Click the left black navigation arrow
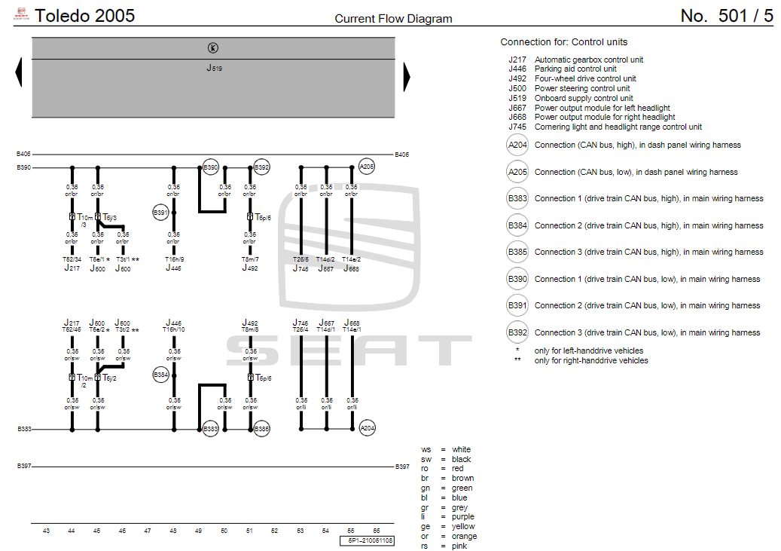18,73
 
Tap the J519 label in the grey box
214,68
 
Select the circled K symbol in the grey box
213,47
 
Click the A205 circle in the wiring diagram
367,167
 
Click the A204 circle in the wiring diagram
367,428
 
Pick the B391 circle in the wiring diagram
160,213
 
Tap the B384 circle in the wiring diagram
160,375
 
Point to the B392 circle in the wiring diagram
261,167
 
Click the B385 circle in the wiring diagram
261,428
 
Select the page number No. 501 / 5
726,16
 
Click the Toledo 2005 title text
85,15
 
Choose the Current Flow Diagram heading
393,19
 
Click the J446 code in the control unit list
517,69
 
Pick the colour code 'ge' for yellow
426,527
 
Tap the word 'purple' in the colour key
463,517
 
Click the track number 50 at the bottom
224,531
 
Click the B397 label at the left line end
23,467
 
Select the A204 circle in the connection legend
517,145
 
